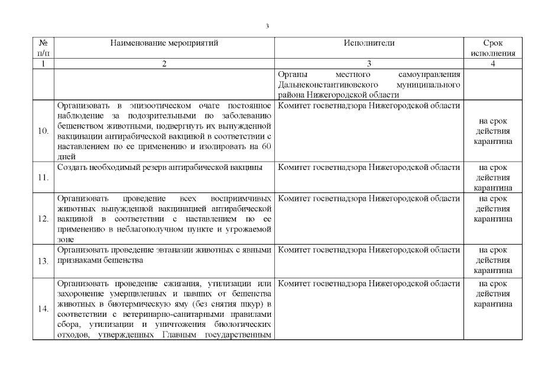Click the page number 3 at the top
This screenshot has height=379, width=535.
(x=267, y=26)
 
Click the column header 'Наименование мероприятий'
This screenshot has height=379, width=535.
(x=164, y=43)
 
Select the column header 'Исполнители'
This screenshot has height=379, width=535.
(x=369, y=43)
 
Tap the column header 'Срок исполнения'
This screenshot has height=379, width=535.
(x=492, y=48)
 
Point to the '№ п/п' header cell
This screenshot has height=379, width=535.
(x=43, y=48)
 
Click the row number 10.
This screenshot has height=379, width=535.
(x=43, y=131)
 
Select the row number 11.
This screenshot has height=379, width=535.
(x=43, y=177)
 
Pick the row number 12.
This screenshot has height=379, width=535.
(x=43, y=219)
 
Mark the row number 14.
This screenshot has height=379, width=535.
(x=43, y=309)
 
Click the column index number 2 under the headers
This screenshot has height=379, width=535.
(x=164, y=64)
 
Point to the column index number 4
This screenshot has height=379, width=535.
(x=492, y=64)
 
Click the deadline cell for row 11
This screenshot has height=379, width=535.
(x=492, y=177)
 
